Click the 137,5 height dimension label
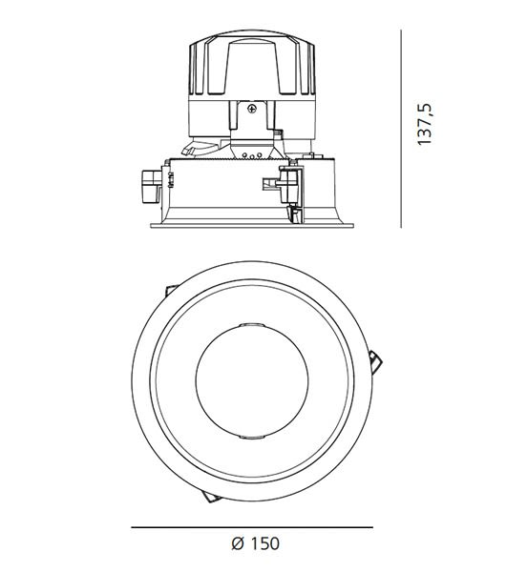425,124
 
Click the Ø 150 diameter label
256,543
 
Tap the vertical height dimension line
401,129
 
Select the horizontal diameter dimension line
252,527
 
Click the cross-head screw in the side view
252,109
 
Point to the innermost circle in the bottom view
252,379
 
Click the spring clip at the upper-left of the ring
171,290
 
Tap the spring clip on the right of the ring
376,362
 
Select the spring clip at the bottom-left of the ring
211,497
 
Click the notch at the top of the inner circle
252,325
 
